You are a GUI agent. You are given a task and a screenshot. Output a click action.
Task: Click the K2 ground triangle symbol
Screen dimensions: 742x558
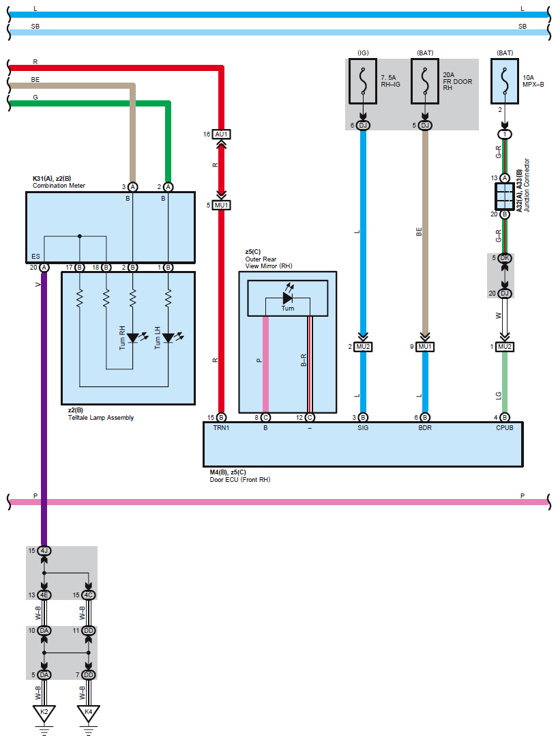pos(44,713)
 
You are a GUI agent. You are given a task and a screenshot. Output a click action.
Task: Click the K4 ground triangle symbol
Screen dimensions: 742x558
pos(88,713)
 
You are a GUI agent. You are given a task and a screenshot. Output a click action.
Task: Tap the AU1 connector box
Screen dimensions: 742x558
pos(221,134)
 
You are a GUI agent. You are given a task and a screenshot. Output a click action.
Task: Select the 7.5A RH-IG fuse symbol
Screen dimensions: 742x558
pos(363,81)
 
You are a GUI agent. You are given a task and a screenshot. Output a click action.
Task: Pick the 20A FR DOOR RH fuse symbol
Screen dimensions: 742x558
pos(425,81)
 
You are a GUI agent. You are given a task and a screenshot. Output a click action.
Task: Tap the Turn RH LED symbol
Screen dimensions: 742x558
pos(133,337)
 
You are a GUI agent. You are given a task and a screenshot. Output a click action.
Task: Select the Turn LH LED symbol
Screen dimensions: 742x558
pos(168,337)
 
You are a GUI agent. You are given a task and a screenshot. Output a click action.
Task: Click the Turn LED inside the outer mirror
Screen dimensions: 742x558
pos(287,298)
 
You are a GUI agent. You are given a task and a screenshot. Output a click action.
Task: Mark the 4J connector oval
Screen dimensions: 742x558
pos(44,551)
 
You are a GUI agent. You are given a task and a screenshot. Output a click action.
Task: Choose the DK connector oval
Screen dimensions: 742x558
pos(505,258)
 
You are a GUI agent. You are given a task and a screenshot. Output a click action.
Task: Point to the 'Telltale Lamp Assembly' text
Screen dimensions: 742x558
pos(101,417)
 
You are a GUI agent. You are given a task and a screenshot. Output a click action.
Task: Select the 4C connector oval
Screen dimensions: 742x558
pos(88,595)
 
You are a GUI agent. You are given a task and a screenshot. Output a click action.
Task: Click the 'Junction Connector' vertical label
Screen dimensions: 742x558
pos(527,185)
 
